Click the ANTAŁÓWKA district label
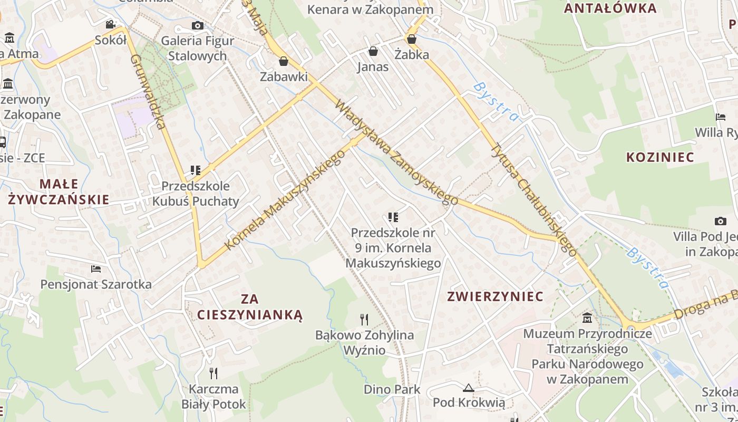coord(610,8)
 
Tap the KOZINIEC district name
coord(659,157)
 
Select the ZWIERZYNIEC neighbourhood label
coord(495,296)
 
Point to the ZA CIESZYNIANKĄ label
coord(250,307)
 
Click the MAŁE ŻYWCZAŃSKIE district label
coord(59,191)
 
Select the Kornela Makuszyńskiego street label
coord(285,200)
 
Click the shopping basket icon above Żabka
coord(412,39)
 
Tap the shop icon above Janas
coord(373,51)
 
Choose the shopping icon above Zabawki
coord(284,61)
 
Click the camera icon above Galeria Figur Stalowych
coord(197,25)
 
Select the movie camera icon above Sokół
coord(110,24)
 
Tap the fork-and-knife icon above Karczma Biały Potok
coord(213,373)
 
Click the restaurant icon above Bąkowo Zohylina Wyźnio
coord(364,319)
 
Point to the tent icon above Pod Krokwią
coord(468,388)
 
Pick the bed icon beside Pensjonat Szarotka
coord(96,268)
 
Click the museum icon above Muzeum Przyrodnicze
coord(587,318)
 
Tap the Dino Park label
coord(392,390)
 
